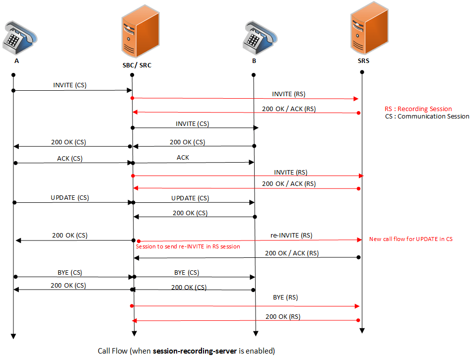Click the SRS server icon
[363, 31]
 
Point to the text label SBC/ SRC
[134, 65]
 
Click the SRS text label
[363, 62]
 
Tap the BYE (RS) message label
[285, 297]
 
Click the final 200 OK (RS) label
[283, 316]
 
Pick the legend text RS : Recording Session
[418, 109]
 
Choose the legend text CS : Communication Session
[427, 117]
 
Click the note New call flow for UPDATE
[410, 239]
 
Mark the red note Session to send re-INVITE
[188, 246]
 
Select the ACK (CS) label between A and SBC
[70, 159]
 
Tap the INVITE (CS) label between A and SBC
[70, 85]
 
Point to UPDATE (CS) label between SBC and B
[190, 197]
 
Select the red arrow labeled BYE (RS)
[246, 306]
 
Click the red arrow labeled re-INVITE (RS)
[248, 240]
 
